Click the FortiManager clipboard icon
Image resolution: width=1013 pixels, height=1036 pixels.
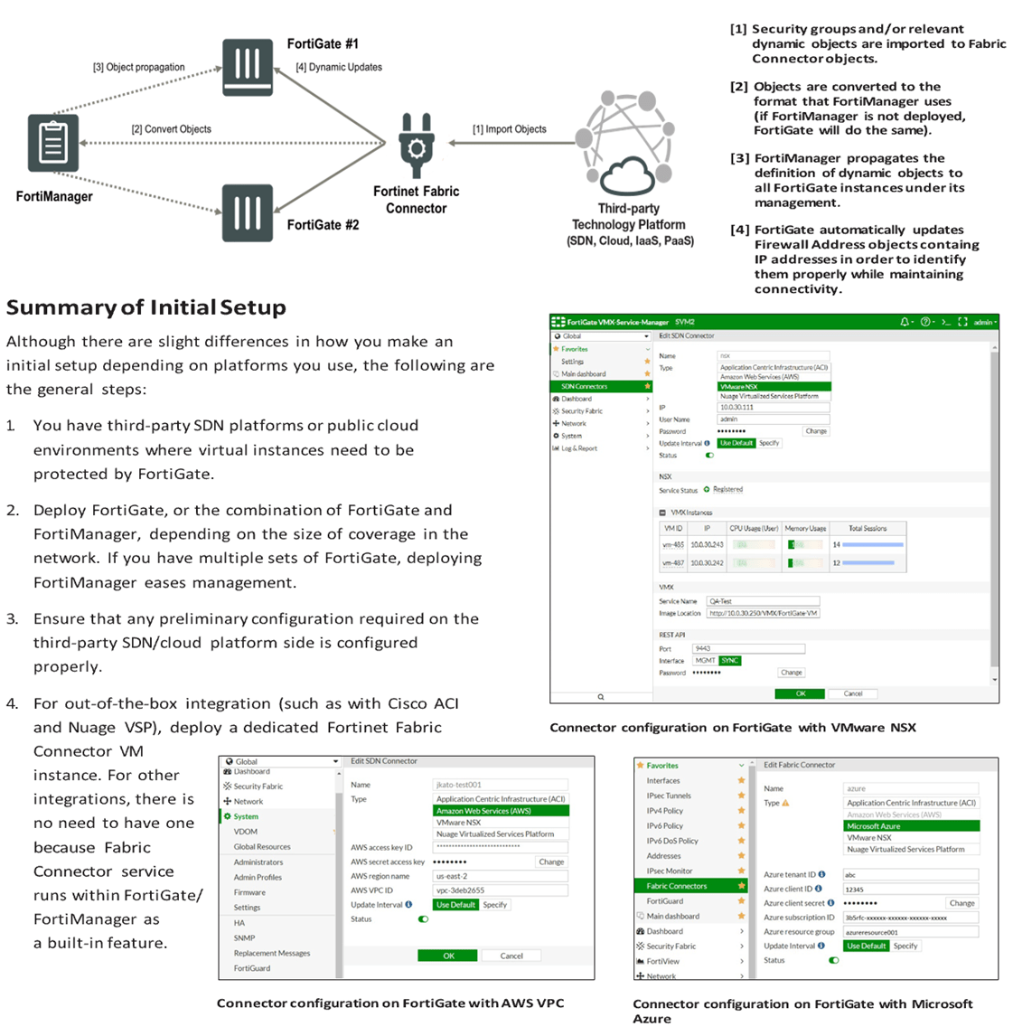pyautogui.click(x=52, y=143)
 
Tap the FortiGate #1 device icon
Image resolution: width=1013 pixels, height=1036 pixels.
pyautogui.click(x=248, y=67)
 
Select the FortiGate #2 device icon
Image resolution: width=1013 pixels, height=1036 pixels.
pyautogui.click(x=248, y=212)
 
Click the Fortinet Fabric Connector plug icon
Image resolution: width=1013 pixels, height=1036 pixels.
pyautogui.click(x=416, y=146)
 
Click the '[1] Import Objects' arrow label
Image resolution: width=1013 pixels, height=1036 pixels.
pyautogui.click(x=509, y=129)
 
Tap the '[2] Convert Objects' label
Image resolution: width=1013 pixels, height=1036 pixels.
pyautogui.click(x=171, y=129)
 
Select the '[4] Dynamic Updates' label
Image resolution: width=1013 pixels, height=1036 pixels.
pyautogui.click(x=339, y=67)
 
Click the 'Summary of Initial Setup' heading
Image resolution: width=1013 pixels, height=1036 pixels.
pyautogui.click(x=146, y=307)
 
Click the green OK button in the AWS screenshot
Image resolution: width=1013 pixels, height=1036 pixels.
pyautogui.click(x=448, y=956)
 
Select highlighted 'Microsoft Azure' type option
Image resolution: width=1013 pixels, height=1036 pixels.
pyautogui.click(x=911, y=826)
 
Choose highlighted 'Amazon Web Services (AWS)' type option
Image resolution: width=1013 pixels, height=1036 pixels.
pyautogui.click(x=502, y=811)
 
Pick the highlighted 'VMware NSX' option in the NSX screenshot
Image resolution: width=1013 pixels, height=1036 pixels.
pyautogui.click(x=774, y=387)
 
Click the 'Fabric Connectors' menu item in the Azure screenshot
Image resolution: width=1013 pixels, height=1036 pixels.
pyautogui.click(x=677, y=886)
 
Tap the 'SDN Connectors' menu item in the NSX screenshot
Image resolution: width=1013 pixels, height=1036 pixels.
pyautogui.click(x=584, y=386)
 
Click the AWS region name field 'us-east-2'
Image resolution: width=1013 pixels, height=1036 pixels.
pyautogui.click(x=500, y=876)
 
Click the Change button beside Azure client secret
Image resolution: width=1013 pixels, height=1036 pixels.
pyautogui.click(x=961, y=903)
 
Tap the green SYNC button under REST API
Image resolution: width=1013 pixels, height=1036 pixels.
pyautogui.click(x=730, y=661)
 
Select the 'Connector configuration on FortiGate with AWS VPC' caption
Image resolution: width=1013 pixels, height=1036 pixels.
pyautogui.click(x=390, y=1003)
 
